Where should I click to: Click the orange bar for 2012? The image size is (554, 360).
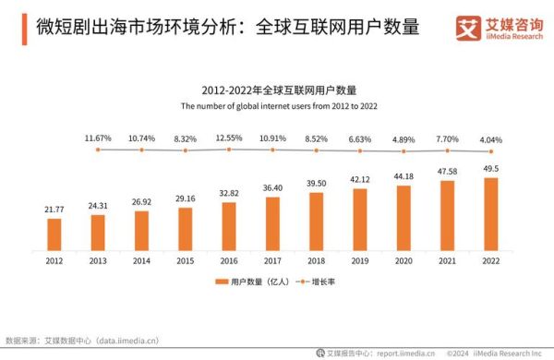coord(54,234)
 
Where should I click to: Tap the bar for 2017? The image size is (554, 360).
coord(272,224)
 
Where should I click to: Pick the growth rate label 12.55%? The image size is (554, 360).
coord(229,138)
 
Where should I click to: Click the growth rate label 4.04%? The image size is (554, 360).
coord(491,138)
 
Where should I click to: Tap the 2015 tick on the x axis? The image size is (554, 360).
coord(186,262)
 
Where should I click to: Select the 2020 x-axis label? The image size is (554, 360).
coord(403,262)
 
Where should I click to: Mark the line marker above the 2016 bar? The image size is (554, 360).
coord(229,150)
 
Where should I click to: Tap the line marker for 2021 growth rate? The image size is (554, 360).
coord(448,150)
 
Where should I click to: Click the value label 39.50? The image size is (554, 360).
coord(317,185)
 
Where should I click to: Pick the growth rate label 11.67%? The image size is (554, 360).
coord(98,138)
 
